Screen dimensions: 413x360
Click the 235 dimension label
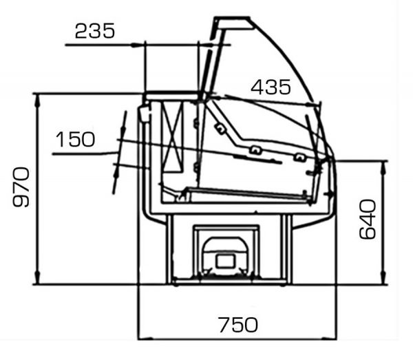(x=95, y=31)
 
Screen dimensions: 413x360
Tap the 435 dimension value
(x=271, y=87)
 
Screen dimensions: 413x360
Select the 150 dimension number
(x=75, y=139)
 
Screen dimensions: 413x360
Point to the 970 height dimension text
(x=21, y=187)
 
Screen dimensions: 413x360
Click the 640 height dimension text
(x=368, y=220)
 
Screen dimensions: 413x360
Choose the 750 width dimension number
(x=238, y=325)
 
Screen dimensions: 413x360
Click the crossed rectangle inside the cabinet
(x=172, y=137)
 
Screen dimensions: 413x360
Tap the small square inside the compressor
(x=225, y=262)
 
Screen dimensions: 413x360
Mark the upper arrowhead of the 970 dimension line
(x=37, y=100)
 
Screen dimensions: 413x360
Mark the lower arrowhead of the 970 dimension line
(x=37, y=277)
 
